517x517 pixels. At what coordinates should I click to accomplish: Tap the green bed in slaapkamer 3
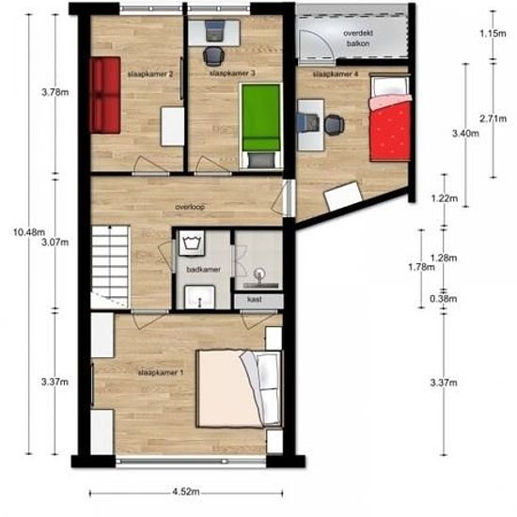coord(260,116)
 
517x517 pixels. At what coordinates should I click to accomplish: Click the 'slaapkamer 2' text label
coord(150,72)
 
